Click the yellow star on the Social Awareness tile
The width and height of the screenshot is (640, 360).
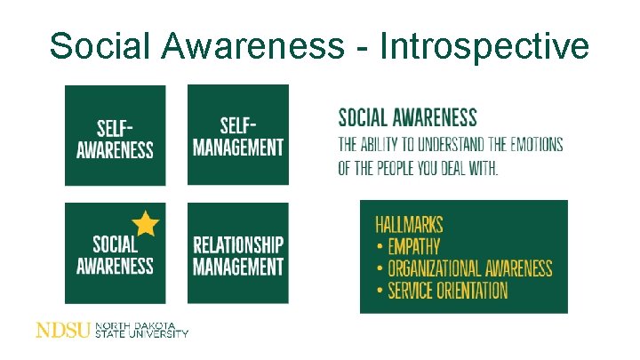pos(145,223)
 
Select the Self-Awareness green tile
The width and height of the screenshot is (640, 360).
pos(115,135)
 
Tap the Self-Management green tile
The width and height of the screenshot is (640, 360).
pos(238,135)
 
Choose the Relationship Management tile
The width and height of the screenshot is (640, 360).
pos(238,253)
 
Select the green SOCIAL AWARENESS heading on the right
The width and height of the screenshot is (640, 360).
pos(407,117)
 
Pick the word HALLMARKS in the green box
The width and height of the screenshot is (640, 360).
pos(409,225)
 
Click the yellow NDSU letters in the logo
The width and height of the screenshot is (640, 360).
pos(62,330)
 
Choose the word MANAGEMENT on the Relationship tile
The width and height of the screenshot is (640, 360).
pos(238,265)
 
